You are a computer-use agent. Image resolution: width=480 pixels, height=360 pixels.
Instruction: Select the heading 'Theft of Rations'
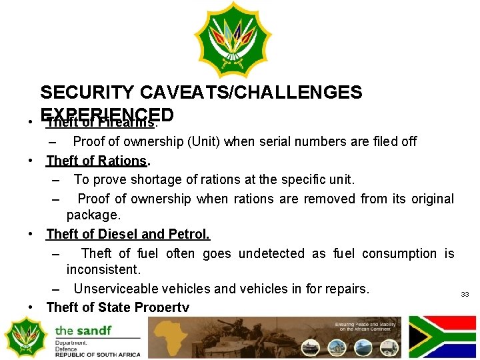(97, 161)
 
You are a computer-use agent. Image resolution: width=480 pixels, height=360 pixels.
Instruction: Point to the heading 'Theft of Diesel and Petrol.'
(127, 234)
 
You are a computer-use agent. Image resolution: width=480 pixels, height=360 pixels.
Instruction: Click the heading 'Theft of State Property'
(117, 307)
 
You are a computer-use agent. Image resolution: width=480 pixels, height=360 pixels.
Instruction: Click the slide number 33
(465, 294)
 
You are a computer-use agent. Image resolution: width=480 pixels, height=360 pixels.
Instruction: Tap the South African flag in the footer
(441, 337)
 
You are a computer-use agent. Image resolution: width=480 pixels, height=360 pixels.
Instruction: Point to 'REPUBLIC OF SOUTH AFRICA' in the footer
(98, 355)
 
